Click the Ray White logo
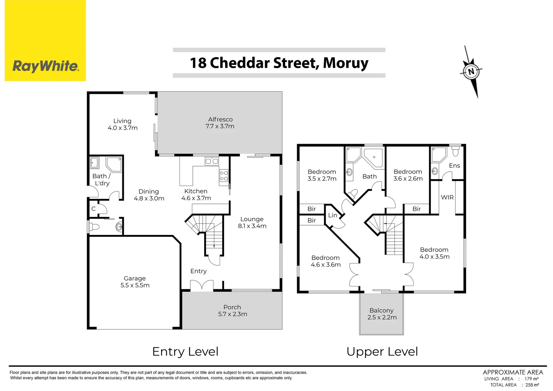(45, 66)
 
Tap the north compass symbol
(471, 71)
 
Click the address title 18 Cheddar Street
(279, 63)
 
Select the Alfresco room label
(220, 119)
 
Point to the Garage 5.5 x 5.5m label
(135, 282)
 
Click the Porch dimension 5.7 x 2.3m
(232, 314)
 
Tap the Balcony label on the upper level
(381, 310)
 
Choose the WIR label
(447, 197)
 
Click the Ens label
(454, 165)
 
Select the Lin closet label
(333, 215)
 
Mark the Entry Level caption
(185, 352)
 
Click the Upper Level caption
(382, 352)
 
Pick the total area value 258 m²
(532, 385)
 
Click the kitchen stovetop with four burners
(224, 176)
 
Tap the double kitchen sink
(212, 161)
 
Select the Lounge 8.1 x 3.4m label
(252, 222)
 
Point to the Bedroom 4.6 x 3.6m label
(326, 261)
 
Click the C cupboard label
(93, 209)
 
